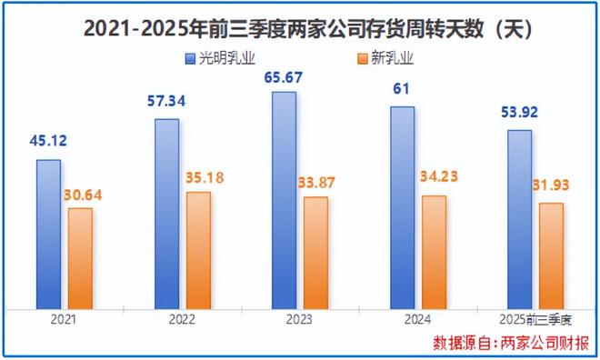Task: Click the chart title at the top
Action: (300, 28)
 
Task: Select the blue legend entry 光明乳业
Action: (219, 58)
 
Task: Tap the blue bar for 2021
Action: (48, 234)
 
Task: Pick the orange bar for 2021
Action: (80, 258)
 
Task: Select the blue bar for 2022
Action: (166, 214)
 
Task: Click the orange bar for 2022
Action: (198, 250)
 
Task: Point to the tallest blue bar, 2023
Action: (285, 200)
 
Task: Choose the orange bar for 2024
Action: (435, 252)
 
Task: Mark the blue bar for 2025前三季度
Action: (519, 219)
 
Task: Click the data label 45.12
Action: (46, 142)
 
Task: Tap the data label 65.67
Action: (284, 75)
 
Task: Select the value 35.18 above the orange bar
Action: (199, 177)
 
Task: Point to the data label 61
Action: (402, 89)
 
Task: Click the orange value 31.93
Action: (551, 187)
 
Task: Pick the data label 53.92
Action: (519, 115)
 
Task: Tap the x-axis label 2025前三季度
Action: (535, 321)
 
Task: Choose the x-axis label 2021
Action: (64, 321)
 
